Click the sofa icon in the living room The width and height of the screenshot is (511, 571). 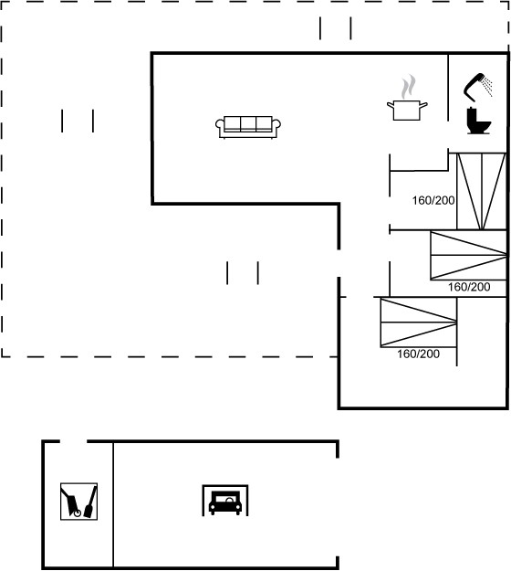(x=247, y=127)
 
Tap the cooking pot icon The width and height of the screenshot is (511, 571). (x=407, y=111)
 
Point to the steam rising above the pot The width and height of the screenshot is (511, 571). (x=409, y=87)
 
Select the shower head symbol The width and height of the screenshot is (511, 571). (x=474, y=87)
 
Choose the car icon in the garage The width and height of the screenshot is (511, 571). (x=225, y=502)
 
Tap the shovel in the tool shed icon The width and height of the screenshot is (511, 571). (x=91, y=502)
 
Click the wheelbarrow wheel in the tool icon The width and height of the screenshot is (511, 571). (x=77, y=513)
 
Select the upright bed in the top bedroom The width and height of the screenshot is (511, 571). (x=482, y=192)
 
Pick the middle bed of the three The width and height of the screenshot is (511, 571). (x=468, y=255)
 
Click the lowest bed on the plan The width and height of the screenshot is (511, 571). (x=418, y=323)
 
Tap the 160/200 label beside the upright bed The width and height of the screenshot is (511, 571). (x=433, y=200)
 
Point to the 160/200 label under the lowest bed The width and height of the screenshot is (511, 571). (x=418, y=354)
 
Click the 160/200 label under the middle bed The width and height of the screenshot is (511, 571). (x=469, y=287)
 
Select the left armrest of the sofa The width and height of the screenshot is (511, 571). (x=220, y=126)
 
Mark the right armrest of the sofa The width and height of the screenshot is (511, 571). (x=276, y=126)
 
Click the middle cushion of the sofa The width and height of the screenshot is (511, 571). (x=248, y=124)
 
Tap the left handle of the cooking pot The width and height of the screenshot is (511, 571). (x=391, y=106)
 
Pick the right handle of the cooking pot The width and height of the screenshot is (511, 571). (x=423, y=106)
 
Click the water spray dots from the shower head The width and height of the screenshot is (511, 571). (x=487, y=86)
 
